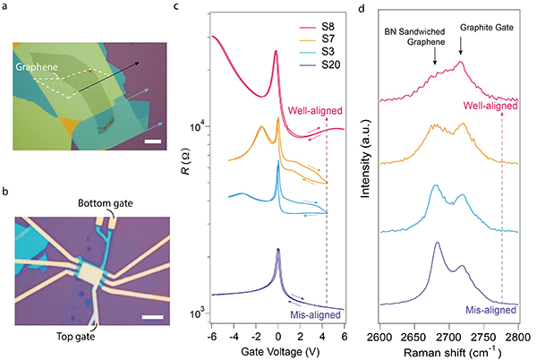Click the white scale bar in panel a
pyautogui.click(x=153, y=141)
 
